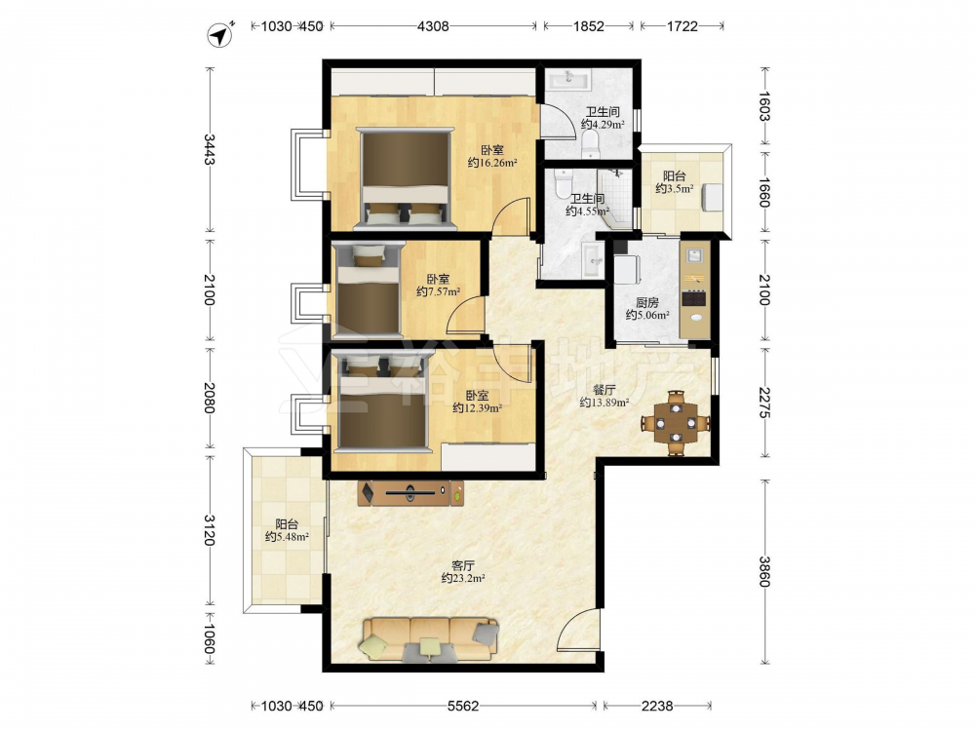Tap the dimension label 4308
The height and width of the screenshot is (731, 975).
pos(433,26)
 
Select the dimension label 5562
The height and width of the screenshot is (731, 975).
pos(463,706)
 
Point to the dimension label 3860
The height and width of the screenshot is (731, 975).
pos(764,570)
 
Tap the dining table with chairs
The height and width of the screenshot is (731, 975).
pos(676,423)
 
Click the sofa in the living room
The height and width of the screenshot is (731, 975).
pos(429,639)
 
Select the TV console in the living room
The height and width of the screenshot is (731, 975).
pos(410,493)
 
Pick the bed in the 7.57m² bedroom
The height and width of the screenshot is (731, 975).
pos(368,289)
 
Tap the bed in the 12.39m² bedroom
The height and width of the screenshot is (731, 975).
pos(382,403)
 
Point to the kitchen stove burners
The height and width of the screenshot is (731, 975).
pos(694,298)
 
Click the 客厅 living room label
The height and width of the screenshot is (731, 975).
pos(463,565)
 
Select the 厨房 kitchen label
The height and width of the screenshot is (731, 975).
pos(647,303)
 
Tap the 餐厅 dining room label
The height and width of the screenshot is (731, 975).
pos(604,390)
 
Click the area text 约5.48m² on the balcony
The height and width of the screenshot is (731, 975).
pos(288,536)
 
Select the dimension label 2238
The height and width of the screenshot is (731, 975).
pos(657,706)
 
